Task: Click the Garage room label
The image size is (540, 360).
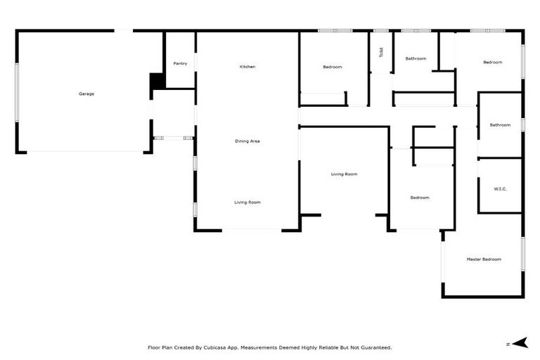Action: point(86,94)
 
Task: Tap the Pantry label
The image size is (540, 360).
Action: point(180,63)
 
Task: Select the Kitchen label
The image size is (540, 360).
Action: point(247,67)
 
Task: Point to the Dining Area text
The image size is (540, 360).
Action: point(247,141)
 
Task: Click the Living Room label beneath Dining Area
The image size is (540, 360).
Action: point(247,202)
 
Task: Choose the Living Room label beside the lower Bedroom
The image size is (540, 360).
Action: point(345,174)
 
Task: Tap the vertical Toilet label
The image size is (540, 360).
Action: point(381,52)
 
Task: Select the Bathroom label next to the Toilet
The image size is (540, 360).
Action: point(416,58)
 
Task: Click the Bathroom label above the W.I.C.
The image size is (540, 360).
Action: point(500,125)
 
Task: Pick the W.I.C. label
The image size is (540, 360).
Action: point(500,188)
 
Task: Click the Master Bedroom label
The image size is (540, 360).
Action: point(484,259)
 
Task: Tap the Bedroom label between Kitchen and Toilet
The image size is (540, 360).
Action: point(332,67)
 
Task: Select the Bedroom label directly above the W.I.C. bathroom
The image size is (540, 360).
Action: point(492,63)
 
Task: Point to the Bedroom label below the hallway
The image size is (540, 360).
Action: point(420,198)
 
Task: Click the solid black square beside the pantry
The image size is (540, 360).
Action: point(157,81)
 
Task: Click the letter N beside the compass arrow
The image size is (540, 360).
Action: point(508,344)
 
